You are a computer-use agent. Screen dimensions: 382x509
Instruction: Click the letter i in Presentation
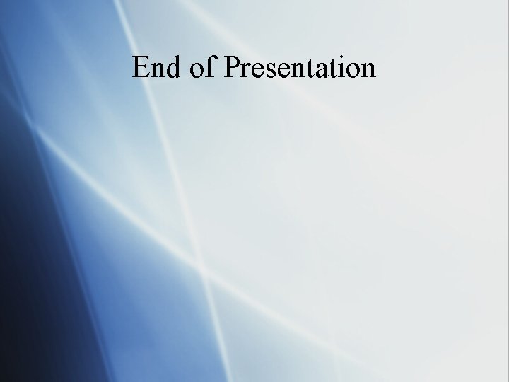[x=340, y=67]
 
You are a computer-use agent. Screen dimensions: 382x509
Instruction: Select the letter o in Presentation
[x=351, y=70]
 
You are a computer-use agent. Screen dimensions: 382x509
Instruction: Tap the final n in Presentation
[x=367, y=70]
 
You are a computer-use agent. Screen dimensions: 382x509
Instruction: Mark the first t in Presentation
[x=308, y=69]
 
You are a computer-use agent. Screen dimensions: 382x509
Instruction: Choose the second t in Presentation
[x=331, y=69]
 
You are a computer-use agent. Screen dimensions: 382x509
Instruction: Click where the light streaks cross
[x=204, y=272]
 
